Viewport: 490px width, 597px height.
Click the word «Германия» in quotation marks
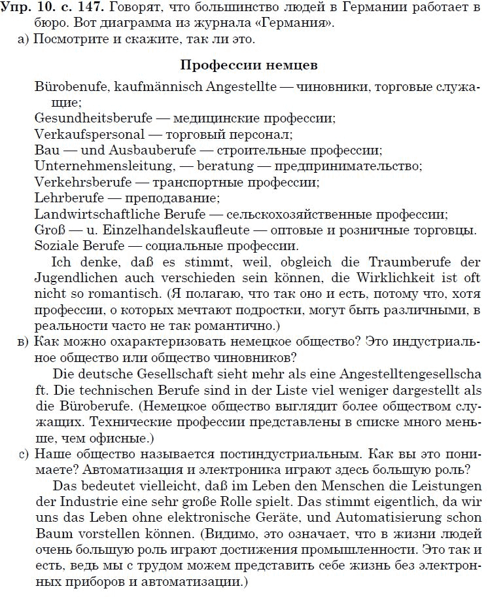coord(307,24)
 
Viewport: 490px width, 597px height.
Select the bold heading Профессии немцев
coord(249,66)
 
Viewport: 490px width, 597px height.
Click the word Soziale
coord(56,245)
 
